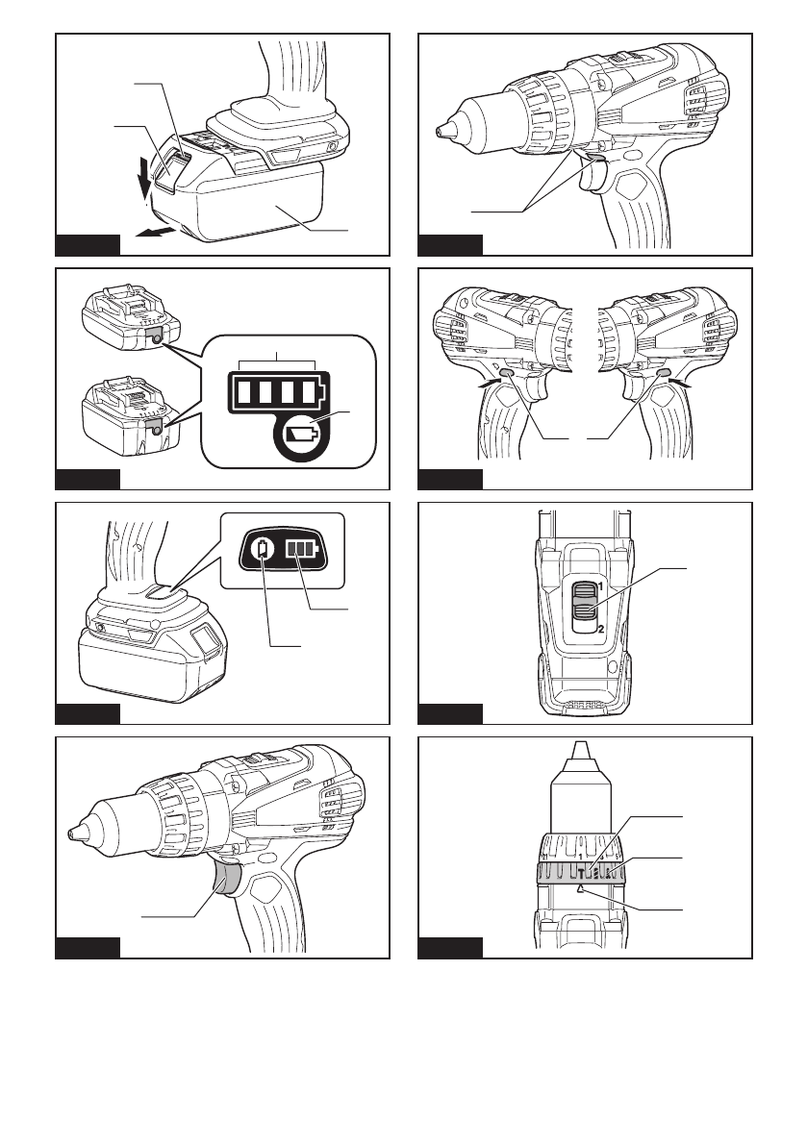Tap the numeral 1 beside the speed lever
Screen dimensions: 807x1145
tap(598, 585)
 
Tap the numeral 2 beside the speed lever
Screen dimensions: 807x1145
tap(598, 628)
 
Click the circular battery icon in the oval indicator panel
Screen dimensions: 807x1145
tap(265, 550)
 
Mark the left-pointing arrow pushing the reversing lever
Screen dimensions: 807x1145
tap(682, 385)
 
